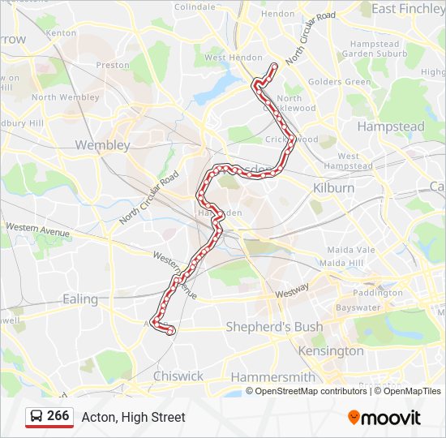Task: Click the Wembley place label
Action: pyautogui.click(x=102, y=145)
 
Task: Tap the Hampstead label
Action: pyautogui.click(x=391, y=127)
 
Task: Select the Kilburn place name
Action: pyautogui.click(x=333, y=187)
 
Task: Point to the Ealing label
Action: pyautogui.click(x=80, y=298)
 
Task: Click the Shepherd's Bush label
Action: pyautogui.click(x=273, y=327)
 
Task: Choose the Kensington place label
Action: pyautogui.click(x=331, y=351)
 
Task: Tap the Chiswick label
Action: pyautogui.click(x=178, y=376)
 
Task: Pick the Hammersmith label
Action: pyautogui.click(x=272, y=377)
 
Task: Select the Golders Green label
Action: pyautogui.click(x=340, y=82)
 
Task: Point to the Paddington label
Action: pyautogui.click(x=378, y=293)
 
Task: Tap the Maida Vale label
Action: pyautogui.click(x=350, y=251)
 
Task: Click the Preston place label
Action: pyautogui.click(x=113, y=65)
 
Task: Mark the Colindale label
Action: pyautogui.click(x=195, y=6)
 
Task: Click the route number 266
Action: pyautogui.click(x=58, y=416)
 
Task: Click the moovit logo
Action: pyautogui.click(x=384, y=418)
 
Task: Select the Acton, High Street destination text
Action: pyautogui.click(x=133, y=417)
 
